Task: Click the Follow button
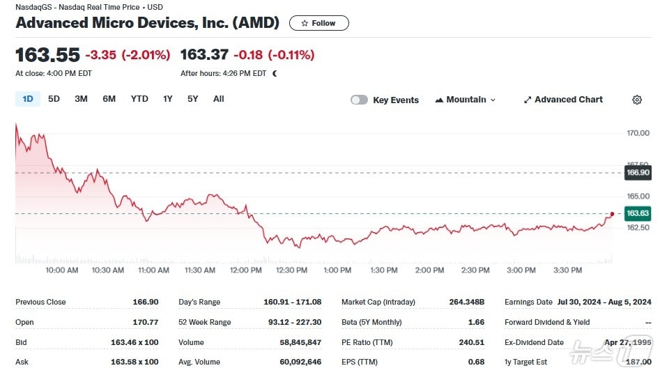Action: (319, 23)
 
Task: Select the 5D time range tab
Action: (54, 99)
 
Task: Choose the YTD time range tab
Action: (139, 99)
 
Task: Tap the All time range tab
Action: (218, 99)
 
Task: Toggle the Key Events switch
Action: (359, 100)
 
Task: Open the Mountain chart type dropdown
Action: (466, 100)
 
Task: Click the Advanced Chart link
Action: (563, 100)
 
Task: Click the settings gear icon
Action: (636, 100)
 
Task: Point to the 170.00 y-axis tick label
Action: (638, 133)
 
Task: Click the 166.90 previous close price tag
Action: (638, 173)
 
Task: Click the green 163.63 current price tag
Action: (638, 213)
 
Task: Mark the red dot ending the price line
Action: (612, 214)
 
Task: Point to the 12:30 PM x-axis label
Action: (291, 270)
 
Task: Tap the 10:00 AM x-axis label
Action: (62, 270)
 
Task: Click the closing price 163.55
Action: (47, 55)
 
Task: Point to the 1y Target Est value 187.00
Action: (638, 362)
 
